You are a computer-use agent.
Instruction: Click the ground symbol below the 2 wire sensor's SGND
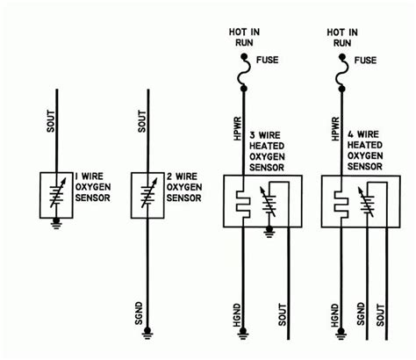click(148, 333)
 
